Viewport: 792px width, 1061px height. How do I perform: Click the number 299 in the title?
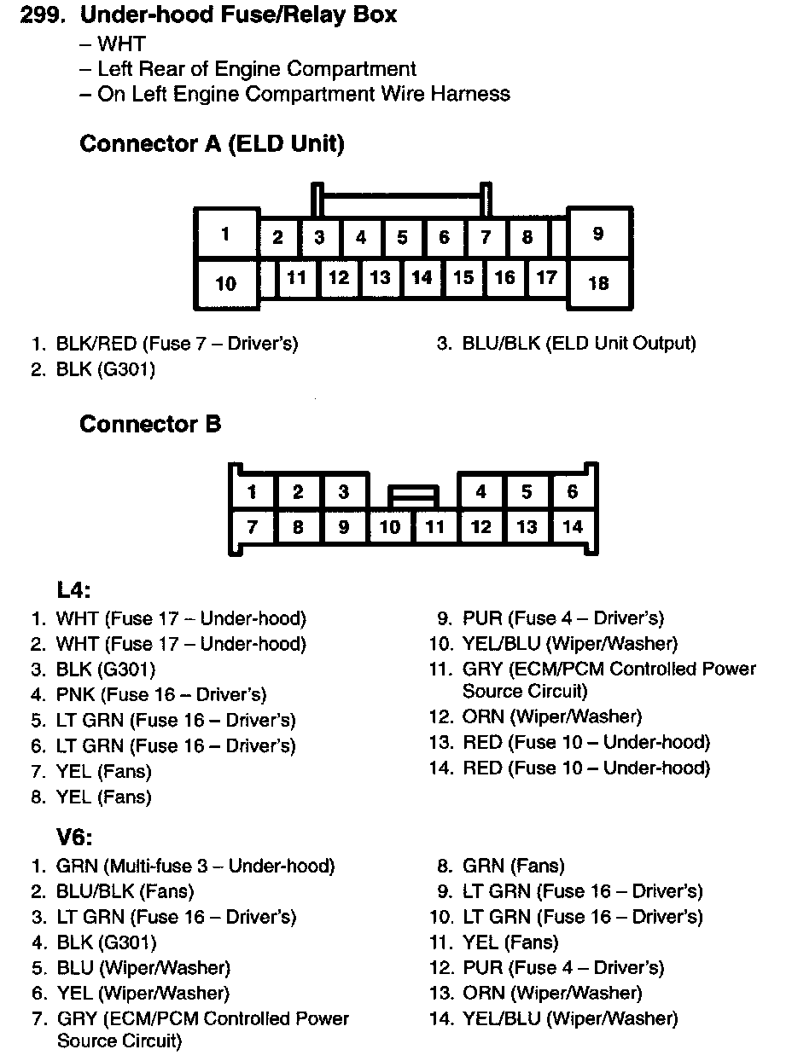(x=44, y=15)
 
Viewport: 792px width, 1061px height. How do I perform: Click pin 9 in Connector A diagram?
(x=599, y=233)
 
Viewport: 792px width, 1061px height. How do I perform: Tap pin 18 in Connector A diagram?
(x=599, y=282)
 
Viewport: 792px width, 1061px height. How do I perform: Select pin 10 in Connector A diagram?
(x=226, y=282)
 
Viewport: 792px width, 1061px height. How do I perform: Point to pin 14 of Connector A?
(x=422, y=277)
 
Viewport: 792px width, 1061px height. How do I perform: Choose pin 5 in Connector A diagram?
(x=402, y=237)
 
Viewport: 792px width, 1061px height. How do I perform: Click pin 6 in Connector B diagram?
(x=572, y=491)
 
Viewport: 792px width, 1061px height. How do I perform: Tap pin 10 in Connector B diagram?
(x=390, y=527)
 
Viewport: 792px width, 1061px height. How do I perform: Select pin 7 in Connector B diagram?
(x=253, y=527)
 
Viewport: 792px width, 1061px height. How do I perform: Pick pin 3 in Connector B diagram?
(x=343, y=491)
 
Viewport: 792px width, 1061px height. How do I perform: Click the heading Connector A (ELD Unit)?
(x=212, y=144)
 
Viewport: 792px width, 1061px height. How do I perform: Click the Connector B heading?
(x=150, y=424)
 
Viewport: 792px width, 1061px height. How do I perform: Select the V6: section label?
(x=73, y=837)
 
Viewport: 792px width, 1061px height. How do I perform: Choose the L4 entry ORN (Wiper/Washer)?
(x=551, y=717)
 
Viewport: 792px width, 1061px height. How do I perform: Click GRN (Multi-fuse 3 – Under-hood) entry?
(x=195, y=867)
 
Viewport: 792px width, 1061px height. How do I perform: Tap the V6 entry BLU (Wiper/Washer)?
(x=143, y=968)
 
